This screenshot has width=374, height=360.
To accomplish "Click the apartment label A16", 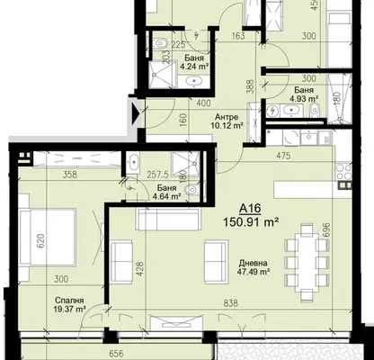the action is pyautogui.click(x=250, y=209).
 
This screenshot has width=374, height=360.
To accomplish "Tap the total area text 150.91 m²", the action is pyautogui.click(x=251, y=222).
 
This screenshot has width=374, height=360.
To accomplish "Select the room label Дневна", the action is pyautogui.click(x=254, y=264).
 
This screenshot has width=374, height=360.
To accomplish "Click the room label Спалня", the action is pyautogui.click(x=69, y=301).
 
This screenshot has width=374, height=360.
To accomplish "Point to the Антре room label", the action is pyautogui.click(x=227, y=117).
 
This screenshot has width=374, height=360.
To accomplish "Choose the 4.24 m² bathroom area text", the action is pyautogui.click(x=194, y=67).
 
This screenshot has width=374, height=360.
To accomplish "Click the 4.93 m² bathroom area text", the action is pyautogui.click(x=304, y=98).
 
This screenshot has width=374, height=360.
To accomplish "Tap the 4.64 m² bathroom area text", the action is pyautogui.click(x=166, y=196).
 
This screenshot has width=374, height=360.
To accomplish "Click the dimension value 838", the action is pyautogui.click(x=231, y=303).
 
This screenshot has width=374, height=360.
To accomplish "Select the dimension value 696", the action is pyautogui.click(x=326, y=229).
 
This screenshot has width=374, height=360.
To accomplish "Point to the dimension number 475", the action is pyautogui.click(x=283, y=156).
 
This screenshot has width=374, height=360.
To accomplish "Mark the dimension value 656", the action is pyautogui.click(x=115, y=354).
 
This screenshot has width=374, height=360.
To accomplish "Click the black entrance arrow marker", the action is pyautogui.click(x=136, y=113).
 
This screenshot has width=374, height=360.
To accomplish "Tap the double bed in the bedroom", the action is pyautogui.click(x=48, y=237).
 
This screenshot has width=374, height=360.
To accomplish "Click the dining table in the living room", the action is pyautogui.click(x=307, y=262).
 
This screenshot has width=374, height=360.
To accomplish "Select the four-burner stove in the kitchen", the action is pyautogui.click(x=343, y=171).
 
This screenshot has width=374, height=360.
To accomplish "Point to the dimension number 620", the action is pyautogui.click(x=40, y=241).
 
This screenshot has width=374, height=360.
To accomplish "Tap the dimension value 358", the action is pyautogui.click(x=69, y=174).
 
